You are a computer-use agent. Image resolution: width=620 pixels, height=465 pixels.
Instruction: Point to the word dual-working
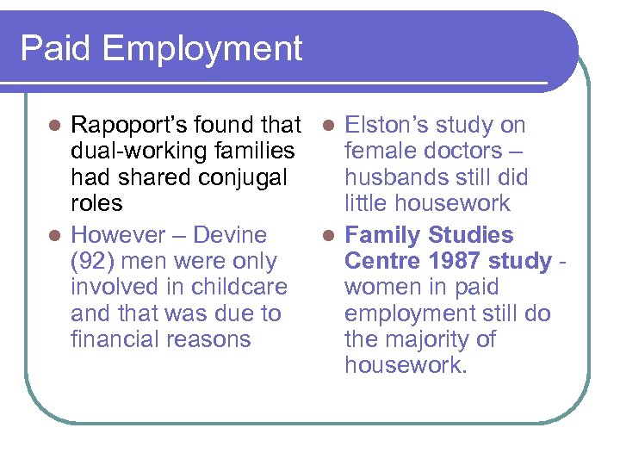[x=137, y=152]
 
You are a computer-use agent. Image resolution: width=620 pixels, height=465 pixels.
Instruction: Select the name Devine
[x=230, y=235]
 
